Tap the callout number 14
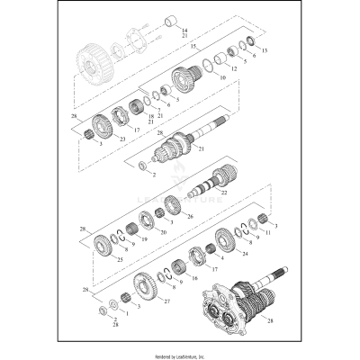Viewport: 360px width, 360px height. pyautogui.click(x=184, y=30)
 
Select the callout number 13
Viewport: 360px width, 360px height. pyautogui.click(x=265, y=51)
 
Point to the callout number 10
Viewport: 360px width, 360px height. pyautogui.click(x=222, y=79)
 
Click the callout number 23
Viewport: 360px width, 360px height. pyautogui.click(x=122, y=139)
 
